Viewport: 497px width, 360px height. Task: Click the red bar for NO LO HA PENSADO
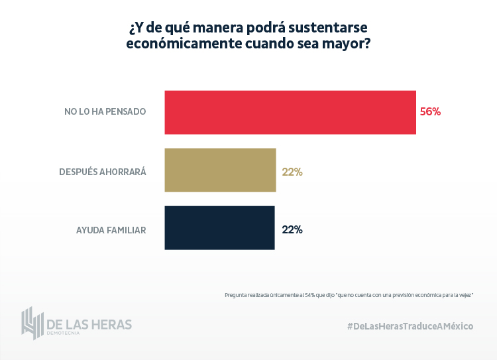tap(290, 112)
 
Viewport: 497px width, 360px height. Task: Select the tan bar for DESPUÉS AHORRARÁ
tap(220, 170)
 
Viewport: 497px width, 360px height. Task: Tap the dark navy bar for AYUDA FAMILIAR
tap(219, 228)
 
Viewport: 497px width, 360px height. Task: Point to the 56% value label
tap(430, 112)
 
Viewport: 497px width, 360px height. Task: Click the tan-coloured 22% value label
tap(292, 172)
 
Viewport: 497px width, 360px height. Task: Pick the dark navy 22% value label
tap(292, 230)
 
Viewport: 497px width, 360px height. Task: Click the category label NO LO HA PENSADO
tap(105, 112)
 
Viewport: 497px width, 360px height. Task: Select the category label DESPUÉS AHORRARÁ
tap(102, 172)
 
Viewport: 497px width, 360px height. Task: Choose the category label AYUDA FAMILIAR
tap(111, 230)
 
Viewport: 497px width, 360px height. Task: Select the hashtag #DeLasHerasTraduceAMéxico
tap(410, 326)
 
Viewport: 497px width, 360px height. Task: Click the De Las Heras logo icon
tap(32, 322)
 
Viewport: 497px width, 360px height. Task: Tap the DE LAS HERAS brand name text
tap(89, 324)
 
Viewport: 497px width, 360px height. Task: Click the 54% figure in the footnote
tap(307, 294)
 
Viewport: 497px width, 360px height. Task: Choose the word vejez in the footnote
tap(465, 294)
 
